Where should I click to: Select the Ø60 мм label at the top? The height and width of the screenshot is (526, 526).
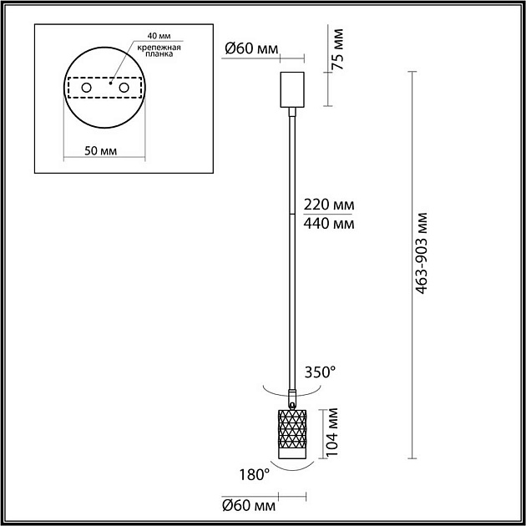click(250, 49)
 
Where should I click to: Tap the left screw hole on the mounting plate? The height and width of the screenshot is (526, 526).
click(86, 88)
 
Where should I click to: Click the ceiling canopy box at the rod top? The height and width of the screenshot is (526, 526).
click(291, 90)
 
